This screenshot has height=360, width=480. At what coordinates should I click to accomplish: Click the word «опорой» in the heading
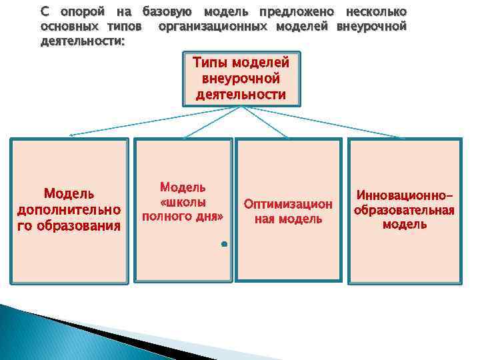point(78,12)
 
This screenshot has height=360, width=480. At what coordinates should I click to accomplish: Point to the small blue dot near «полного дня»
point(225,245)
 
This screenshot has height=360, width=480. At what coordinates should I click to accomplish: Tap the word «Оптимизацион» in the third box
point(288,204)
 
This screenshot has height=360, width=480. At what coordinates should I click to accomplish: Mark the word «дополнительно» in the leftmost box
point(69,210)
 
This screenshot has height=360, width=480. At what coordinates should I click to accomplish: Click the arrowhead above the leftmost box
point(71,135)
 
